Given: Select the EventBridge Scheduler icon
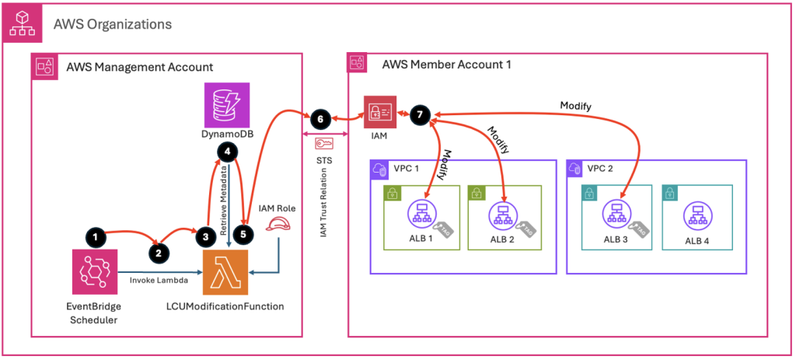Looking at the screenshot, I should (94, 272).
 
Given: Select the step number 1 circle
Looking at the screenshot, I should (93, 234).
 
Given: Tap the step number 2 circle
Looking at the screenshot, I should (159, 251).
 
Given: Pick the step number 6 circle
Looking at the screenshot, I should (319, 119).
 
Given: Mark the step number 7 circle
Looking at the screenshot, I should (420, 114).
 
